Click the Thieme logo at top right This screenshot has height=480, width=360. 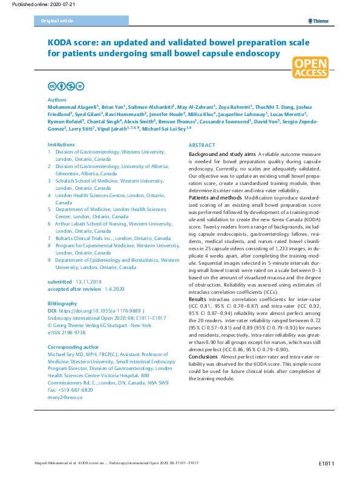click(318, 21)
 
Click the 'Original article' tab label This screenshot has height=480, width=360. click(57, 21)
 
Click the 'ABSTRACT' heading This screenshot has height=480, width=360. click(201, 146)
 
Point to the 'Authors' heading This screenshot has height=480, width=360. click(57, 100)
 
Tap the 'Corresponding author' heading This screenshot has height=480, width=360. click(71, 332)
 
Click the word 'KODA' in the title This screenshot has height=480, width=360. click(62, 42)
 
